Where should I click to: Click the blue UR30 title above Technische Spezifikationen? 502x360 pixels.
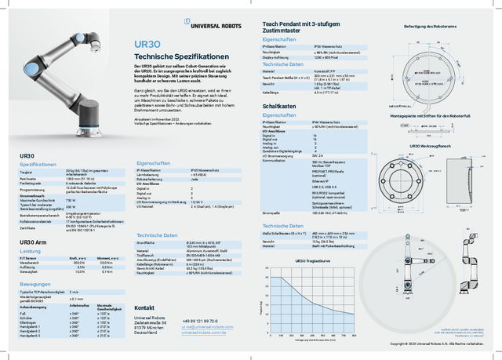(x=147, y=46)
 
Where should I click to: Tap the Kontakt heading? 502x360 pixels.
(x=145, y=307)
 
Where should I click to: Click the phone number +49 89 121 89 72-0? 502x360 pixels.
(x=202, y=322)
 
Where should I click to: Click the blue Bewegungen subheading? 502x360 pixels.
(x=36, y=283)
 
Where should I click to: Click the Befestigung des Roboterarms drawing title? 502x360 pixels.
(x=430, y=27)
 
